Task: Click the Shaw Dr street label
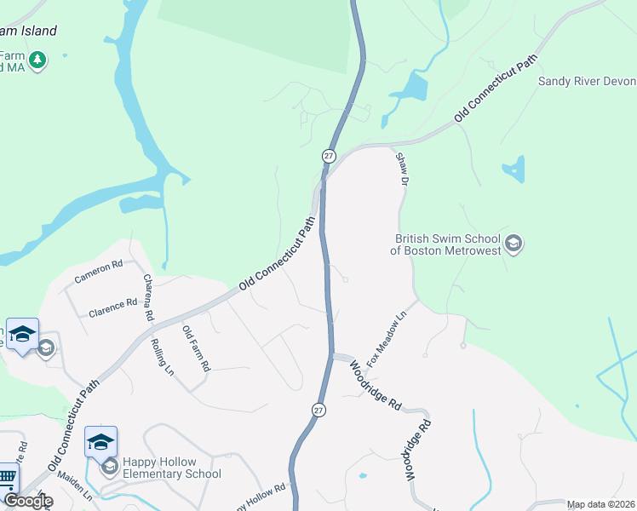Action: coord(401,169)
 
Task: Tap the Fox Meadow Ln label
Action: coord(387,339)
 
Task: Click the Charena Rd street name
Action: coord(148,296)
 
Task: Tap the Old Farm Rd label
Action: coord(197,347)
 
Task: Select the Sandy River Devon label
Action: coord(587,82)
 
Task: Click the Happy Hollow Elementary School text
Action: coord(171,468)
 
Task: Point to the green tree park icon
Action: coord(37,60)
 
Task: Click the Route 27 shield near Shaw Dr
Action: coord(329,156)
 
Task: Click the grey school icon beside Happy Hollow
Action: coord(109,467)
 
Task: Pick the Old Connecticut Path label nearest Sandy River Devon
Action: coord(496,89)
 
